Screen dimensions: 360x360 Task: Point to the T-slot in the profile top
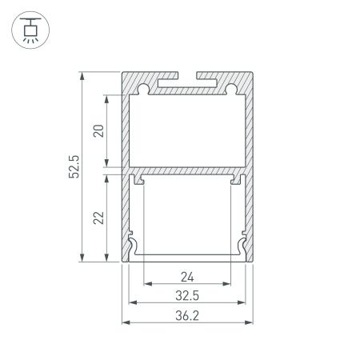[187, 81]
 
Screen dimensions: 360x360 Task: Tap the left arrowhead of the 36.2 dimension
[125, 322]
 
